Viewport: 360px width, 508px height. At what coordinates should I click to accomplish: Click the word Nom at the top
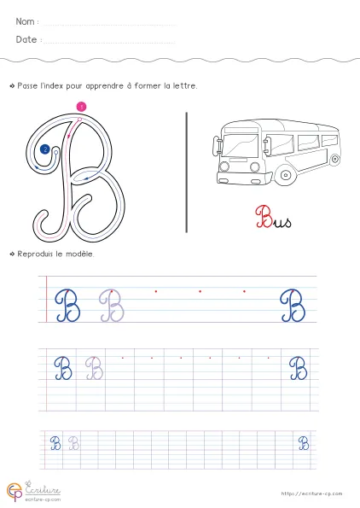coord(25,21)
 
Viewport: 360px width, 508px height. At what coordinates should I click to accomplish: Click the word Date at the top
coord(26,39)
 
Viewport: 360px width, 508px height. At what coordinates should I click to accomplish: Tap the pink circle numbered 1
coord(81,107)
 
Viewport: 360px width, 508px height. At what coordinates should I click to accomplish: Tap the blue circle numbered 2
coord(45,149)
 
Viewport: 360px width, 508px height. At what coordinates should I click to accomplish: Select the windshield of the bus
coord(240,145)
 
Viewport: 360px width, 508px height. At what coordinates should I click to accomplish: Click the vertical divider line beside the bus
coord(187,172)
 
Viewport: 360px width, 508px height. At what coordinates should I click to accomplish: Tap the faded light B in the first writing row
coord(112,306)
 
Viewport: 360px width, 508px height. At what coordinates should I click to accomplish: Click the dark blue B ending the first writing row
coord(293,306)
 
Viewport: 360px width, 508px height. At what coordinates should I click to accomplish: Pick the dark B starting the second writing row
coord(63,368)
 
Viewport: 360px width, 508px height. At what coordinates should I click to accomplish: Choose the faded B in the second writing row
coord(94,368)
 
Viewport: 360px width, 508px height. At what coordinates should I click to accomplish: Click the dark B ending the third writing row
coord(304,443)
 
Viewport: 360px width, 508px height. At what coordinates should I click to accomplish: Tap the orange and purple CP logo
coord(15,492)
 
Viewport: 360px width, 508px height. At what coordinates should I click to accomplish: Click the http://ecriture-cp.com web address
coord(311,493)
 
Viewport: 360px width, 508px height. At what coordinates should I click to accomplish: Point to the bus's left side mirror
coord(217,145)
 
